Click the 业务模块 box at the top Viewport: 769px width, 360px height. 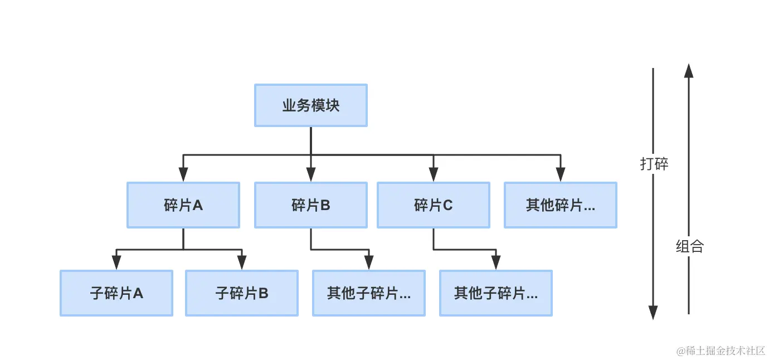coord(310,105)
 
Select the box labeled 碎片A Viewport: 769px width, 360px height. coord(183,205)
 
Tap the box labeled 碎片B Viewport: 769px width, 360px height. coord(310,205)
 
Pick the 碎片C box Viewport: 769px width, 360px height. coord(433,205)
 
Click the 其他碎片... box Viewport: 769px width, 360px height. coord(560,205)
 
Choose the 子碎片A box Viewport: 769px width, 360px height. coord(116,293)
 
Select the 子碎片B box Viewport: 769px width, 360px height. coord(241,293)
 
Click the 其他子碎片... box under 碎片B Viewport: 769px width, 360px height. coord(368,293)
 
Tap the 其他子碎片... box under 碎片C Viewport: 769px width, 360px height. coord(495,293)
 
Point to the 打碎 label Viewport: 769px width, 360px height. coord(654,164)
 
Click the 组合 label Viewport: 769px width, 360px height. coord(689,246)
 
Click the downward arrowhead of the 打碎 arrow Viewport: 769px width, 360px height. coord(653,313)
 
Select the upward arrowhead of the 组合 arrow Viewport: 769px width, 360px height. coord(689,70)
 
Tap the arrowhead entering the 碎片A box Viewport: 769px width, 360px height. coord(183,176)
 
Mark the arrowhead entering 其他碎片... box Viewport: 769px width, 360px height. coord(560,176)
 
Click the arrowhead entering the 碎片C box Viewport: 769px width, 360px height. coord(433,176)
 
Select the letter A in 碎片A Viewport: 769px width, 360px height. coord(197,206)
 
